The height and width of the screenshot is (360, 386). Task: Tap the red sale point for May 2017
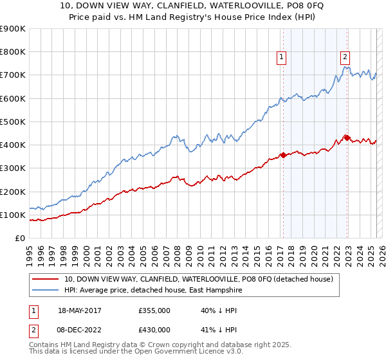pyautogui.click(x=283, y=155)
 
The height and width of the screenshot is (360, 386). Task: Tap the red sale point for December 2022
pyautogui.click(x=346, y=138)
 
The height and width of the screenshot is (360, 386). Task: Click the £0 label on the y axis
pyautogui.click(x=19, y=239)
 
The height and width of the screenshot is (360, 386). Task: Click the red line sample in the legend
pyautogui.click(x=45, y=279)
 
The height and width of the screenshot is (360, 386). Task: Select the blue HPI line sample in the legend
pyautogui.click(x=45, y=290)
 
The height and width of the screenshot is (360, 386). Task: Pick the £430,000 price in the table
pyautogui.click(x=154, y=329)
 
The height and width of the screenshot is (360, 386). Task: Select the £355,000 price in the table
pyautogui.click(x=154, y=310)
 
